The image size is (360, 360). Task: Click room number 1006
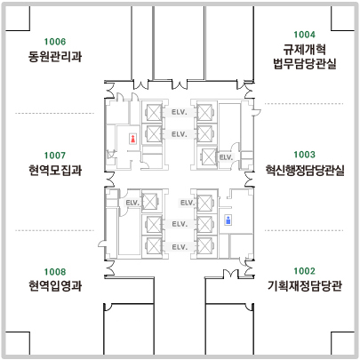tap(55, 42)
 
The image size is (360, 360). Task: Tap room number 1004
tap(304, 35)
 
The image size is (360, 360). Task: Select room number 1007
tap(55, 156)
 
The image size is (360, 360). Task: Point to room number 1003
tap(304, 155)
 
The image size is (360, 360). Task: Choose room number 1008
tap(55, 272)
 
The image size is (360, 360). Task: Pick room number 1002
tap(304, 271)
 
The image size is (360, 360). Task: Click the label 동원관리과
tap(55, 56)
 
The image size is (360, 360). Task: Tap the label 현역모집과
tap(55, 170)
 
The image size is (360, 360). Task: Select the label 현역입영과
tap(55, 286)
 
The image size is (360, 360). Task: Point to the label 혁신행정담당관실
tap(305, 170)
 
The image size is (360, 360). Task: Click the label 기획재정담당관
tap(305, 286)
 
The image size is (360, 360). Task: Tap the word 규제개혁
tap(305, 49)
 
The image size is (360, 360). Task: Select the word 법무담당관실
tap(305, 64)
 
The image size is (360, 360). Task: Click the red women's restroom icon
tap(133, 139)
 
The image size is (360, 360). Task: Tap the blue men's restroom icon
tap(228, 220)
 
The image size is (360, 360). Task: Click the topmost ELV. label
tap(180, 112)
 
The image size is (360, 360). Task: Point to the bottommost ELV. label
tap(180, 247)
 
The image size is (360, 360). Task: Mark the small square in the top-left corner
tap(18, 19)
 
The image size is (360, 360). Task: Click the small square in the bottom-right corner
tap(342, 343)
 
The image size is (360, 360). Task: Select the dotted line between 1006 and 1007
tap(54, 113)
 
